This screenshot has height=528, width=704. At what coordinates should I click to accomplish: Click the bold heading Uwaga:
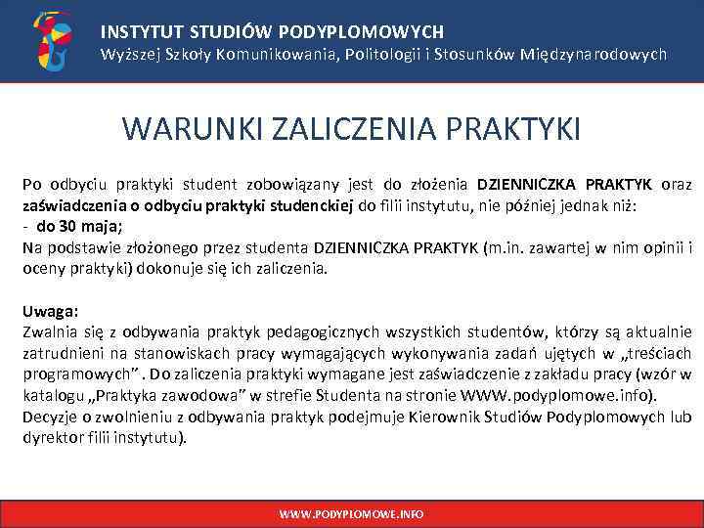(50, 311)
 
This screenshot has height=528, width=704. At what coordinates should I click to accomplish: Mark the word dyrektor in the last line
(52, 438)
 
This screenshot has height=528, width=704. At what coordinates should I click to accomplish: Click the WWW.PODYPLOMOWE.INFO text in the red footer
(352, 513)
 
